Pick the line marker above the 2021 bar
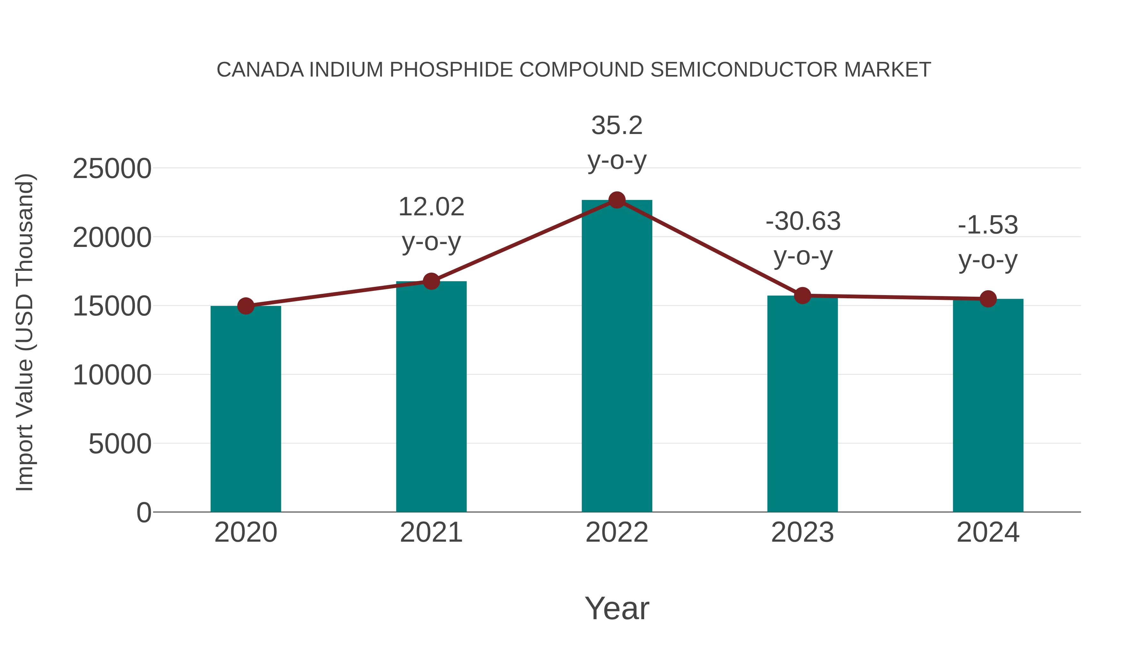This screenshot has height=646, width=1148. coord(431,281)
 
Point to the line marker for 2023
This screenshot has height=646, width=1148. coord(803,296)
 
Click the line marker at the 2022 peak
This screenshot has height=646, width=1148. coord(617,200)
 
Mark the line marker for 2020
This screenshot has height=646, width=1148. coord(246,306)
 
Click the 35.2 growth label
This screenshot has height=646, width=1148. coord(617,126)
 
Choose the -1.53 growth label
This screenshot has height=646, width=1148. coord(988,225)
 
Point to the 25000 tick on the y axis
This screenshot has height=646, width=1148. coord(112,169)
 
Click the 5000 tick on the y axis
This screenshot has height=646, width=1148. coord(120,444)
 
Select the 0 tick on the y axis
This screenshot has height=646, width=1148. coord(144,513)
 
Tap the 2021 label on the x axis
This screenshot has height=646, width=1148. coord(431,533)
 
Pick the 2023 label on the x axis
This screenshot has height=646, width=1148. coord(803,533)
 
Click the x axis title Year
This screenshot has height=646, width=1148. coord(617,609)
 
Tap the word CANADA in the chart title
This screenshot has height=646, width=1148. coord(260,70)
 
